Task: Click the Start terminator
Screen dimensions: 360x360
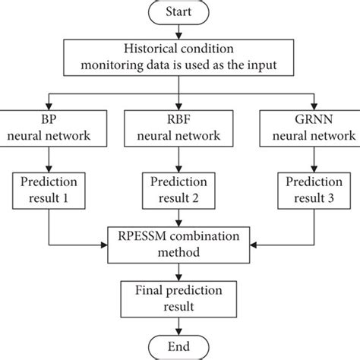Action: (x=180, y=13)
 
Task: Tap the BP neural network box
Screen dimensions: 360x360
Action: (x=50, y=128)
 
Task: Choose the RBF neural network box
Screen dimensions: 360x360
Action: (x=180, y=128)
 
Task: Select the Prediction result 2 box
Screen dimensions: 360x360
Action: (x=180, y=191)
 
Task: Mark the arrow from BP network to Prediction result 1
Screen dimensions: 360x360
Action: (x=50, y=159)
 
